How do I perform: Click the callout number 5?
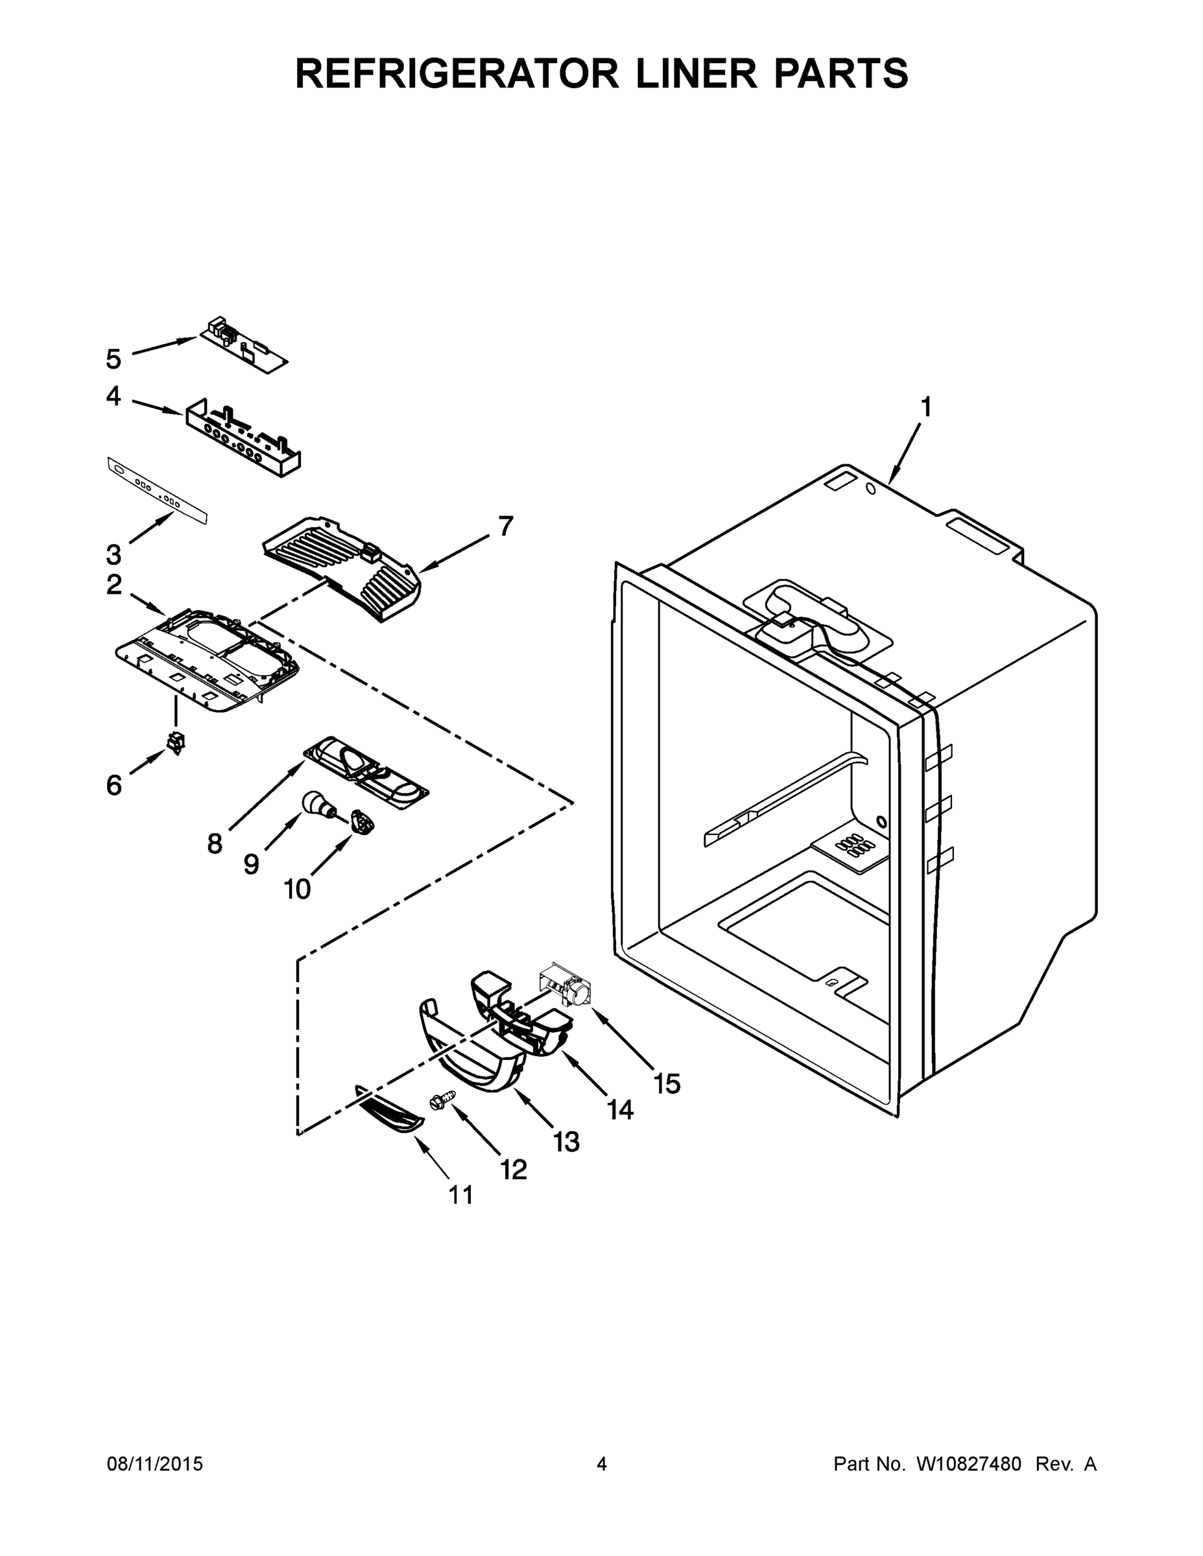point(113,359)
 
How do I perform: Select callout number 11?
point(460,1195)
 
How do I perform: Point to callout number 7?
point(505,526)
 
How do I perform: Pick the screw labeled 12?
point(438,1103)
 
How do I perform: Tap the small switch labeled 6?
point(174,742)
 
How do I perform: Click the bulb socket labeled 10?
point(363,823)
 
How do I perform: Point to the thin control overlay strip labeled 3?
point(157,491)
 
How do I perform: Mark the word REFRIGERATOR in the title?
point(457,73)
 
